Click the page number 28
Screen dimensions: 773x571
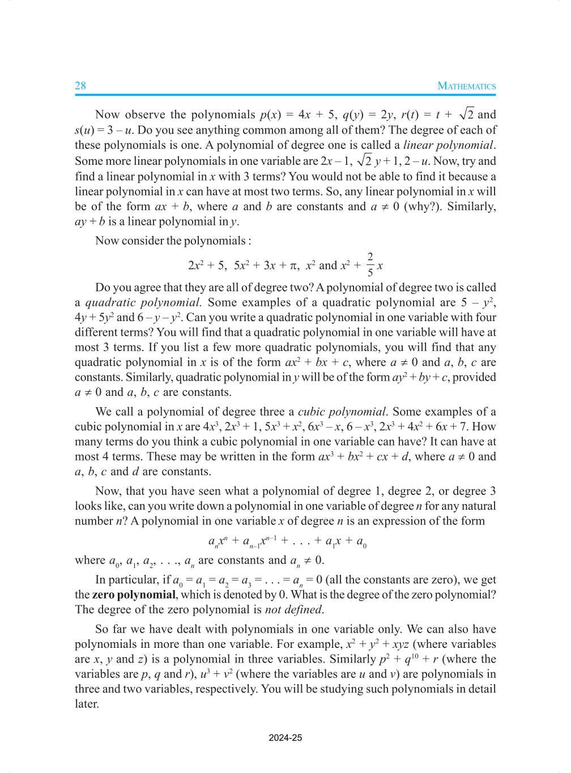pos(80,86)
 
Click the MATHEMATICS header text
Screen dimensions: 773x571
pos(466,86)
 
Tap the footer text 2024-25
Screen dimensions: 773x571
pos(285,737)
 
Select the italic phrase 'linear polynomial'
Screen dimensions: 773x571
pos(448,146)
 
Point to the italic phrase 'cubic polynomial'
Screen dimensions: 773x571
pos(342,412)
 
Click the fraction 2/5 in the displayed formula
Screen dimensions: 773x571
pos(370,264)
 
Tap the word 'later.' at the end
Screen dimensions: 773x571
pos(87,704)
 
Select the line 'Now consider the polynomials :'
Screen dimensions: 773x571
pos(172,241)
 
